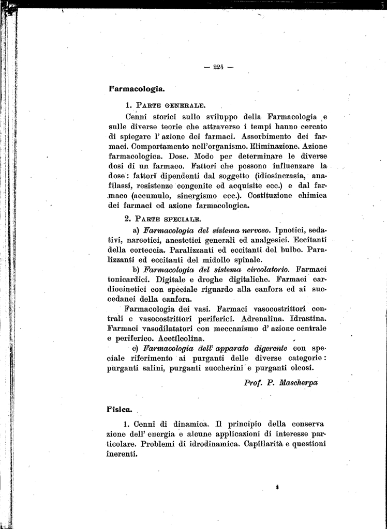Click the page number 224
pos(219,66)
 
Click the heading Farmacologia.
pos(137,88)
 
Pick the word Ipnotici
pos(294,229)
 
